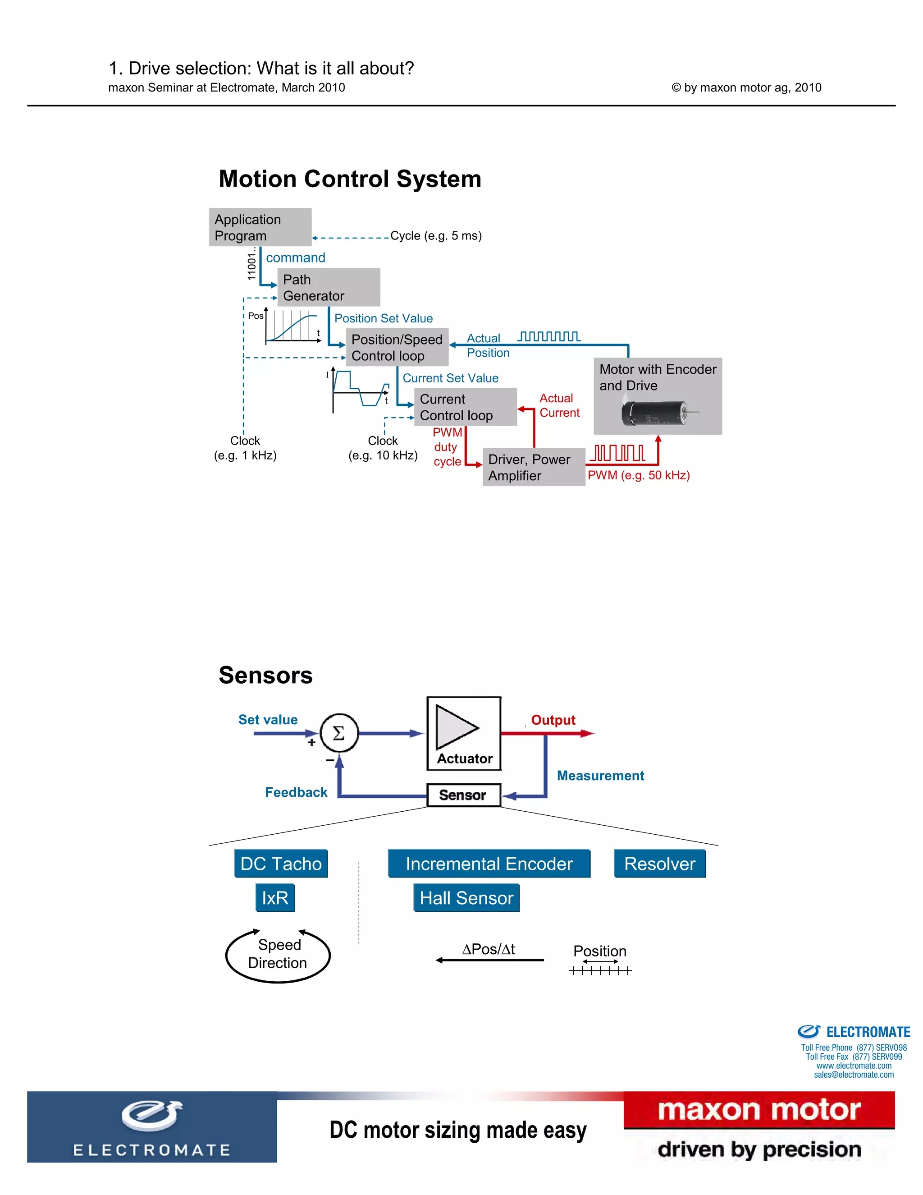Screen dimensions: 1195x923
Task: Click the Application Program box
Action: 260,227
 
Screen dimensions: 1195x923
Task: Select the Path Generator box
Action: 328,287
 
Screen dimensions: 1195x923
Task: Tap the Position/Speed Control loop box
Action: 397,347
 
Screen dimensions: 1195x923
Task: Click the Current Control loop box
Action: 465,407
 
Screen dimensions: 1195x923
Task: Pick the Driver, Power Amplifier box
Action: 533,467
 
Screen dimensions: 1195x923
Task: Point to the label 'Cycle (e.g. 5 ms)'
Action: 436,236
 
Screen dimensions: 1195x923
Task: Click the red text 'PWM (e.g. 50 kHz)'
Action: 638,475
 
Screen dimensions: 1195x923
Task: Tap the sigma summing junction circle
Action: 339,733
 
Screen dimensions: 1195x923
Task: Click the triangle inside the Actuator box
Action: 456,727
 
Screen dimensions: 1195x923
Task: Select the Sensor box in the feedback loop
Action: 463,795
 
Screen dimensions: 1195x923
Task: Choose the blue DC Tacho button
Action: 281,864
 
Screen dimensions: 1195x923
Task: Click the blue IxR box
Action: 275,898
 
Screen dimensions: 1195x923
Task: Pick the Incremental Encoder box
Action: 489,864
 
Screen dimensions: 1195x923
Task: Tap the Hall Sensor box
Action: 466,898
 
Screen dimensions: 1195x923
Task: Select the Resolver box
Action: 659,864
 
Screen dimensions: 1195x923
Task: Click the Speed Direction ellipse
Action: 278,954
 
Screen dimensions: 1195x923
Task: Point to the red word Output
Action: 553,720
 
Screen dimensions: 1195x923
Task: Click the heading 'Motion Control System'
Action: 350,179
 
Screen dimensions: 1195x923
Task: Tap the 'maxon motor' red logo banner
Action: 759,1110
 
